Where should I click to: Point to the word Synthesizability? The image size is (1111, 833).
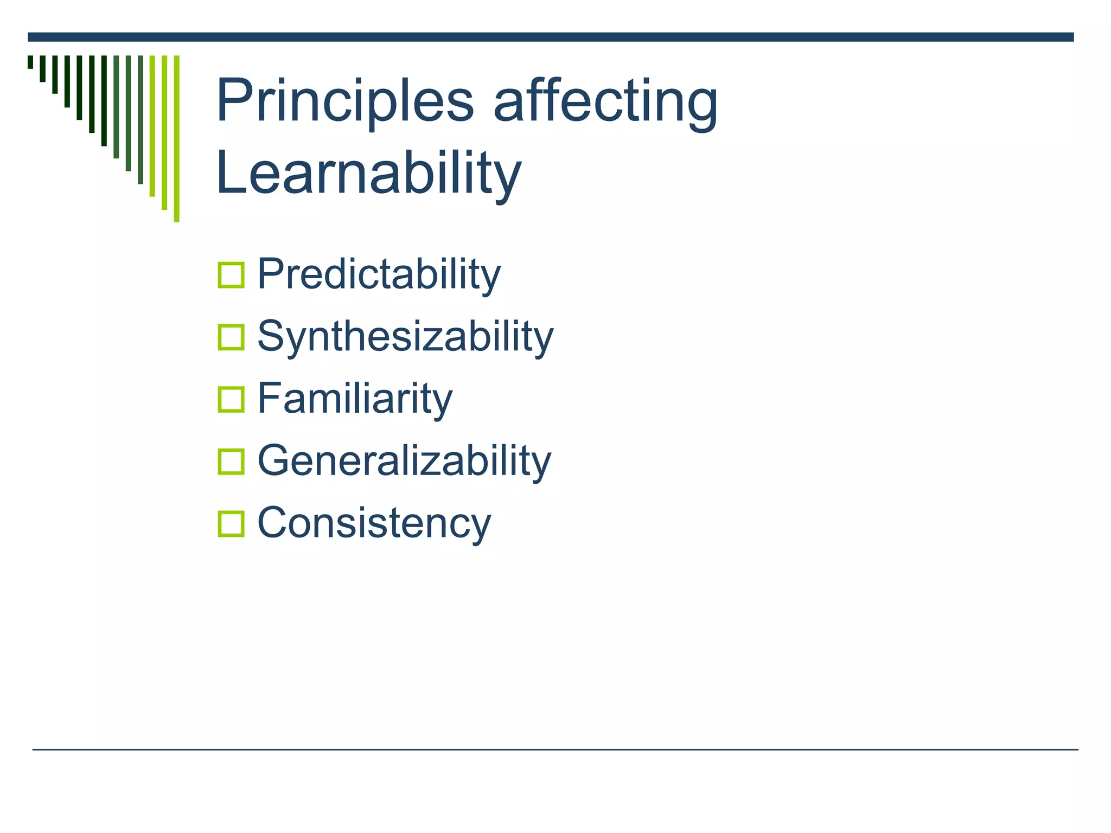(405, 337)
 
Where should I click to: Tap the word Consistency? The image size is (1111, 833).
(374, 523)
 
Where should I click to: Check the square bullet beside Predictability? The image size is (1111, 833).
(231, 275)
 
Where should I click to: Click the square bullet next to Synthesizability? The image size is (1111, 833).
(231, 337)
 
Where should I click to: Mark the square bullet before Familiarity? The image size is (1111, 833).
(231, 400)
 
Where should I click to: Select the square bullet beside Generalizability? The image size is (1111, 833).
(231, 462)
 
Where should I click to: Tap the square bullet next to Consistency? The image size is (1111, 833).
(231, 524)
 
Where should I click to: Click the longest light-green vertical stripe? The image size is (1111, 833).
(176, 138)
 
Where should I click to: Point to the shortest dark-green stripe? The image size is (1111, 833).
(30, 62)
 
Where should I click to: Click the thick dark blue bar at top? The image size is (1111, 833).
(550, 37)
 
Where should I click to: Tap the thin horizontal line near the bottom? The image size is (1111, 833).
(554, 749)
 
